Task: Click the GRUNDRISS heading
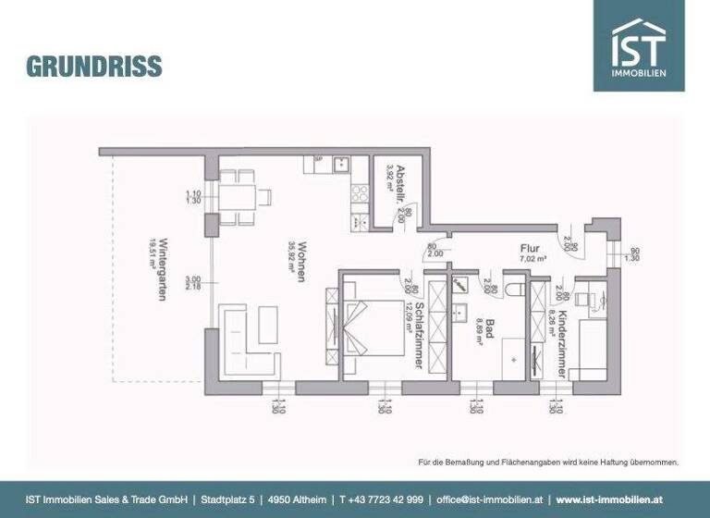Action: coord(94,67)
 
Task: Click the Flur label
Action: coord(529,248)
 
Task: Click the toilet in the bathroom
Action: coord(516,290)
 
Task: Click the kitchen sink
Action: coord(339,166)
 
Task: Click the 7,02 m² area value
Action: coord(532,260)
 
